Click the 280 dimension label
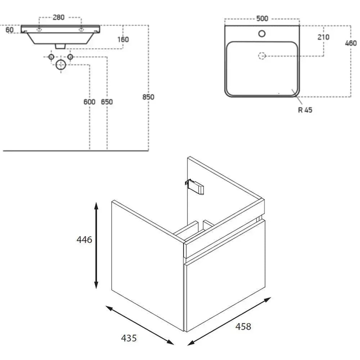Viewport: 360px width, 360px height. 59,17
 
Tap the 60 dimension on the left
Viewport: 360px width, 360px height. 9,30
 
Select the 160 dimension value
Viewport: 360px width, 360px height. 123,40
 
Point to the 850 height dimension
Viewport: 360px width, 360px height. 148,97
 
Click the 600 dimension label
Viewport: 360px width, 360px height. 89,102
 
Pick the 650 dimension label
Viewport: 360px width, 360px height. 107,102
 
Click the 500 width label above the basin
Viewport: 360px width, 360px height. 262,18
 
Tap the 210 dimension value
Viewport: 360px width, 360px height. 323,37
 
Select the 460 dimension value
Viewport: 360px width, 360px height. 351,43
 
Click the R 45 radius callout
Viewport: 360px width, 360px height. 305,110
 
